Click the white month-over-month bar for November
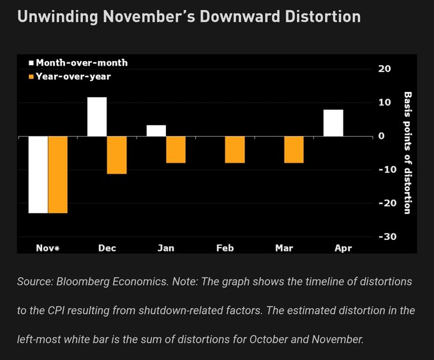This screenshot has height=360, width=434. point(38,174)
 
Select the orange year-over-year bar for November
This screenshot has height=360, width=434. point(57,174)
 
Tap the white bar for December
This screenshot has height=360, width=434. point(97,116)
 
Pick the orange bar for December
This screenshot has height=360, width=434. point(117,155)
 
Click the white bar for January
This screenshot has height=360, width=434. point(156,130)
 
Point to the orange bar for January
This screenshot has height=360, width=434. point(176,149)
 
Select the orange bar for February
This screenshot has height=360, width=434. point(235,149)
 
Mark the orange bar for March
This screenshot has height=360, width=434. point(294,149)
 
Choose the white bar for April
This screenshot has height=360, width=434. point(333,123)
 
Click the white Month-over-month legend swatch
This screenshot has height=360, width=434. point(30,63)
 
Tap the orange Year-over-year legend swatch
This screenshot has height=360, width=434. point(30,77)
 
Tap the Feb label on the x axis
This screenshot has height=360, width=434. point(225,248)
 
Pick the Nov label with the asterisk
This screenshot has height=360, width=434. point(47,248)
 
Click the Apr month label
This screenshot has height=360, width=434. point(343,248)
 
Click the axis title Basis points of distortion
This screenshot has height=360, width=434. point(407,153)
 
